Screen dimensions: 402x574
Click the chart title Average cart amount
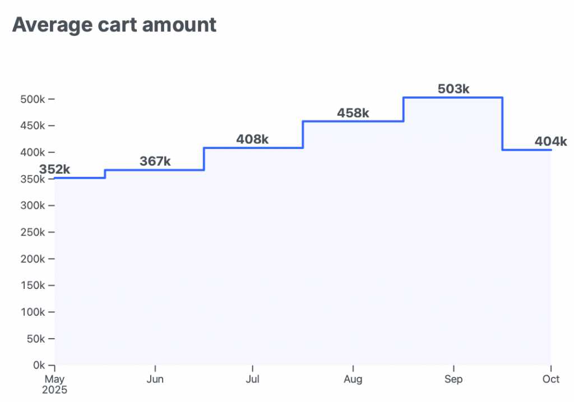click(114, 25)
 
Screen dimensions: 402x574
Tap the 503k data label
click(453, 89)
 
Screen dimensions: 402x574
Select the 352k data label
click(54, 169)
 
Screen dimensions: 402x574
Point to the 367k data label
click(155, 161)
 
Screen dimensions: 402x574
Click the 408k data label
click(252, 139)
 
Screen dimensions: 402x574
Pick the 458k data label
click(353, 113)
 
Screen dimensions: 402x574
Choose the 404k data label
click(550, 141)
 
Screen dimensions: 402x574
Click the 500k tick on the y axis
click(33, 99)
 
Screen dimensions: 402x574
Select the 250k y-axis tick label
click(33, 232)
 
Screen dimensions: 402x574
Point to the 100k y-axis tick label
click(33, 312)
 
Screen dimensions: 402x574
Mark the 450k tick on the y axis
click(33, 126)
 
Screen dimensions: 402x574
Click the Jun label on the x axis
click(155, 380)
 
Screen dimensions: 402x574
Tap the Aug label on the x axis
click(353, 380)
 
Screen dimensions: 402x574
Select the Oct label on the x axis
click(551, 380)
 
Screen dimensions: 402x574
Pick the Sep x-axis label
click(453, 380)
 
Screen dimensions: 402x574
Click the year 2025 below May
click(55, 390)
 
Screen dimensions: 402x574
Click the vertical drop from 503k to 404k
click(502, 124)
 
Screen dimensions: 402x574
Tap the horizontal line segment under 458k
click(353, 121)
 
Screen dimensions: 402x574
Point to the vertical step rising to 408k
click(204, 159)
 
